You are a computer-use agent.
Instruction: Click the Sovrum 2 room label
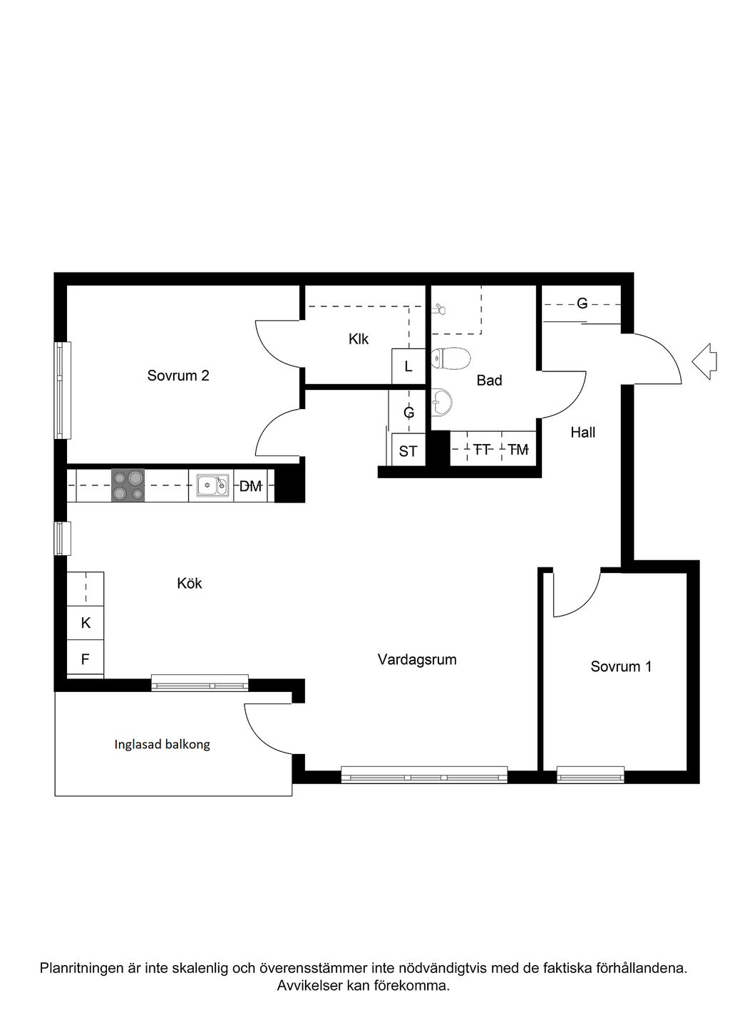pyautogui.click(x=178, y=376)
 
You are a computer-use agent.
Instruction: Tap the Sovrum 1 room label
pyautogui.click(x=621, y=666)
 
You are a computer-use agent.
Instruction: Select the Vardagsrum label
pyautogui.click(x=417, y=660)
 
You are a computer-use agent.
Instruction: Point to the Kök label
pyautogui.click(x=190, y=583)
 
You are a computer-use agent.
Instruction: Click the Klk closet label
pyautogui.click(x=359, y=339)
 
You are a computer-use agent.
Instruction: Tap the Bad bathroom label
pyautogui.click(x=489, y=380)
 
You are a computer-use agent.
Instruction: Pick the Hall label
pyautogui.click(x=582, y=432)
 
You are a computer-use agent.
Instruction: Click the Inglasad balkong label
pyautogui.click(x=163, y=744)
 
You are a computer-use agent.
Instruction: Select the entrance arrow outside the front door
pyautogui.click(x=704, y=361)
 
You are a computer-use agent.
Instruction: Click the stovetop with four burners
pyautogui.click(x=128, y=485)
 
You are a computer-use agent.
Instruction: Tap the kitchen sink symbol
pyautogui.click(x=212, y=485)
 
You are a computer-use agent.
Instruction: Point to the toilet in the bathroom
pyautogui.click(x=451, y=358)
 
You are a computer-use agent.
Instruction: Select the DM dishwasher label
pyautogui.click(x=250, y=485)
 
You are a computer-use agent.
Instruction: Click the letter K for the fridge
pyautogui.click(x=86, y=623)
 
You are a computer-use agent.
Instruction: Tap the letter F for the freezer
pyautogui.click(x=86, y=659)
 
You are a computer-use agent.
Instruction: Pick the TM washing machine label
pyautogui.click(x=518, y=450)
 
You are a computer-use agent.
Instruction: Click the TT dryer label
pyautogui.click(x=482, y=450)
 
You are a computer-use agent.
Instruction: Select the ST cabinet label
pyautogui.click(x=408, y=451)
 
